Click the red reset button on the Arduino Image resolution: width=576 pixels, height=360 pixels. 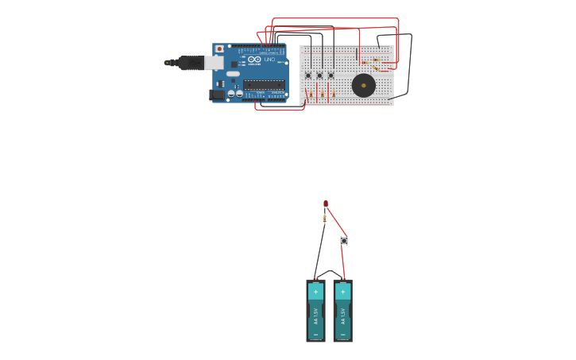tap(220, 49)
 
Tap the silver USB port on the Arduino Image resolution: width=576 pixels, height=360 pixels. tap(214, 62)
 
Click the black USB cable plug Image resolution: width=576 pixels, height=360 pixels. tap(191, 62)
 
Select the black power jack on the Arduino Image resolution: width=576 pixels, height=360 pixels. tap(215, 95)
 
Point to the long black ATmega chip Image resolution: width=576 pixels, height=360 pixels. tap(264, 84)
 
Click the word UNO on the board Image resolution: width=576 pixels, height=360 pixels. tap(269, 60)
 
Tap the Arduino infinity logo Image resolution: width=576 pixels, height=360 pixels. tap(254, 60)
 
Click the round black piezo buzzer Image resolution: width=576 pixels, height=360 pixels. tap(363, 85)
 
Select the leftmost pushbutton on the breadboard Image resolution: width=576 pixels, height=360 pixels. tap(308, 75)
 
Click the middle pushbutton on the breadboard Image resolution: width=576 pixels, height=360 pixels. tap(319, 75)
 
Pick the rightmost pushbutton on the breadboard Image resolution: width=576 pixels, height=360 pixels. tap(331, 75)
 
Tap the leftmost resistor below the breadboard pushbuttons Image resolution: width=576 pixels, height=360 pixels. tap(311, 95)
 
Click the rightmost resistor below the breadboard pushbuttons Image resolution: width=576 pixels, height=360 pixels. tap(333, 95)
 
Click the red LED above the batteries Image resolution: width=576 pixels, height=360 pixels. tap(326, 204)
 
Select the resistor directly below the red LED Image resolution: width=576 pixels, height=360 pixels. tap(325, 219)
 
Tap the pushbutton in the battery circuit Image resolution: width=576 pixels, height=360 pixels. tap(344, 240)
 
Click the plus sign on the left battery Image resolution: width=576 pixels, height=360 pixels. tap(315, 292)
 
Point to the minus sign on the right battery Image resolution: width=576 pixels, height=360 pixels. tap(342, 335)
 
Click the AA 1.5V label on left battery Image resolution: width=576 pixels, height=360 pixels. tap(315, 315)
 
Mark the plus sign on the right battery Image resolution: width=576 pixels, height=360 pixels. tap(342, 292)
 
